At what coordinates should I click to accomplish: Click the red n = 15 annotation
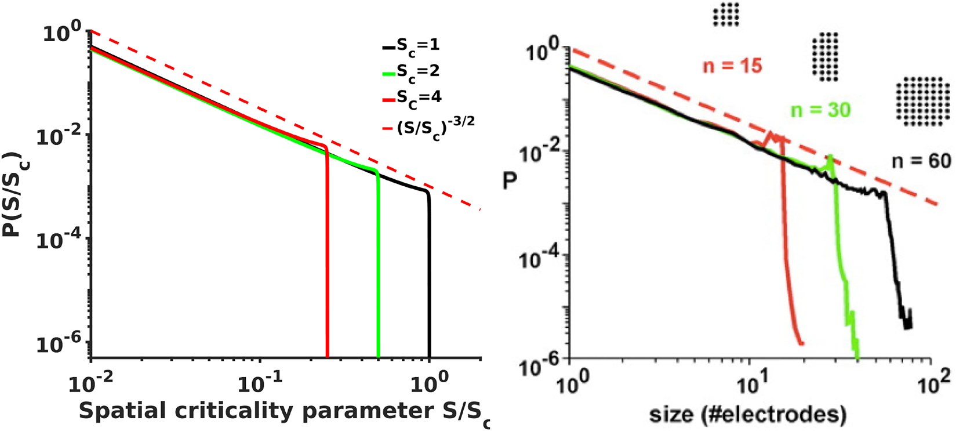pos(732,66)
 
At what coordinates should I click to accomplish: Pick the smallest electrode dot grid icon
pos(726,14)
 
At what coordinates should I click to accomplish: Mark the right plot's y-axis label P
pos(510,180)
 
